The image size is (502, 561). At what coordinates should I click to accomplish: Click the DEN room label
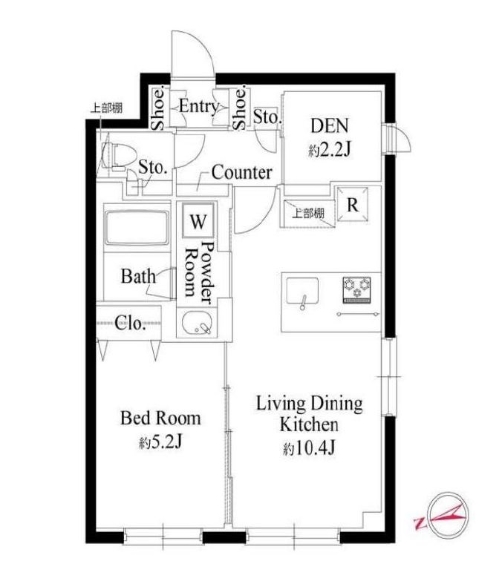click(329, 125)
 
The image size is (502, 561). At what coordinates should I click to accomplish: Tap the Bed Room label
click(160, 418)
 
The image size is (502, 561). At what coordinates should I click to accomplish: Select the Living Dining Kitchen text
click(309, 414)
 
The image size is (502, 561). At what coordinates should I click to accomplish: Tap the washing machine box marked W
click(198, 220)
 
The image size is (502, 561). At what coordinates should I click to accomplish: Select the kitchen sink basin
click(302, 289)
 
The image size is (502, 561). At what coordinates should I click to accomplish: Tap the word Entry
click(198, 106)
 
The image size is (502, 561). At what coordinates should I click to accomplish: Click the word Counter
click(241, 173)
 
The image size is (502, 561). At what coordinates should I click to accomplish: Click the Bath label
click(138, 277)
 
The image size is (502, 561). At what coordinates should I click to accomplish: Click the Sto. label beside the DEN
click(267, 116)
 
